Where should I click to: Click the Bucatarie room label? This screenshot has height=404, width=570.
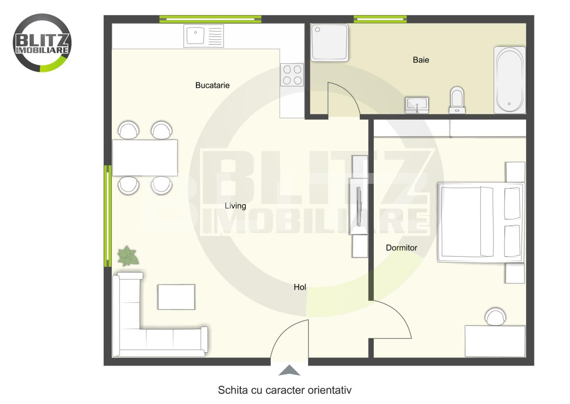point(212,85)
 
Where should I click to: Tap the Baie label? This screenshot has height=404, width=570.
point(421,60)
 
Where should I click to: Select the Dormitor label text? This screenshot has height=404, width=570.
point(401,248)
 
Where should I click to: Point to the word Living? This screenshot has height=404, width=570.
point(235,206)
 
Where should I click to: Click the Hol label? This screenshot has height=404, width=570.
point(300,287)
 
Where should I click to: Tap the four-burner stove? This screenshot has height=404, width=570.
point(292,75)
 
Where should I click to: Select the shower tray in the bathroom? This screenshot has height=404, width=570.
point(330,42)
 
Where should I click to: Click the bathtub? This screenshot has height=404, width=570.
point(509,80)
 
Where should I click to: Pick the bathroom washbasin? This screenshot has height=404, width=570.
point(417,105)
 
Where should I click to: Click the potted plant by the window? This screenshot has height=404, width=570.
point(128,256)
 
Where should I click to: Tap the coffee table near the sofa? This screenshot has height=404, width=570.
point(176,297)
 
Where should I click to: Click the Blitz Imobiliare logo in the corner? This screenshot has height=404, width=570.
point(42,43)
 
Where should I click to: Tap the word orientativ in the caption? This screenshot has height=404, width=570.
point(330,390)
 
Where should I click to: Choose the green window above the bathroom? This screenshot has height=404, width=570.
point(380,19)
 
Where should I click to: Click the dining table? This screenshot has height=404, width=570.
point(145,157)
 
